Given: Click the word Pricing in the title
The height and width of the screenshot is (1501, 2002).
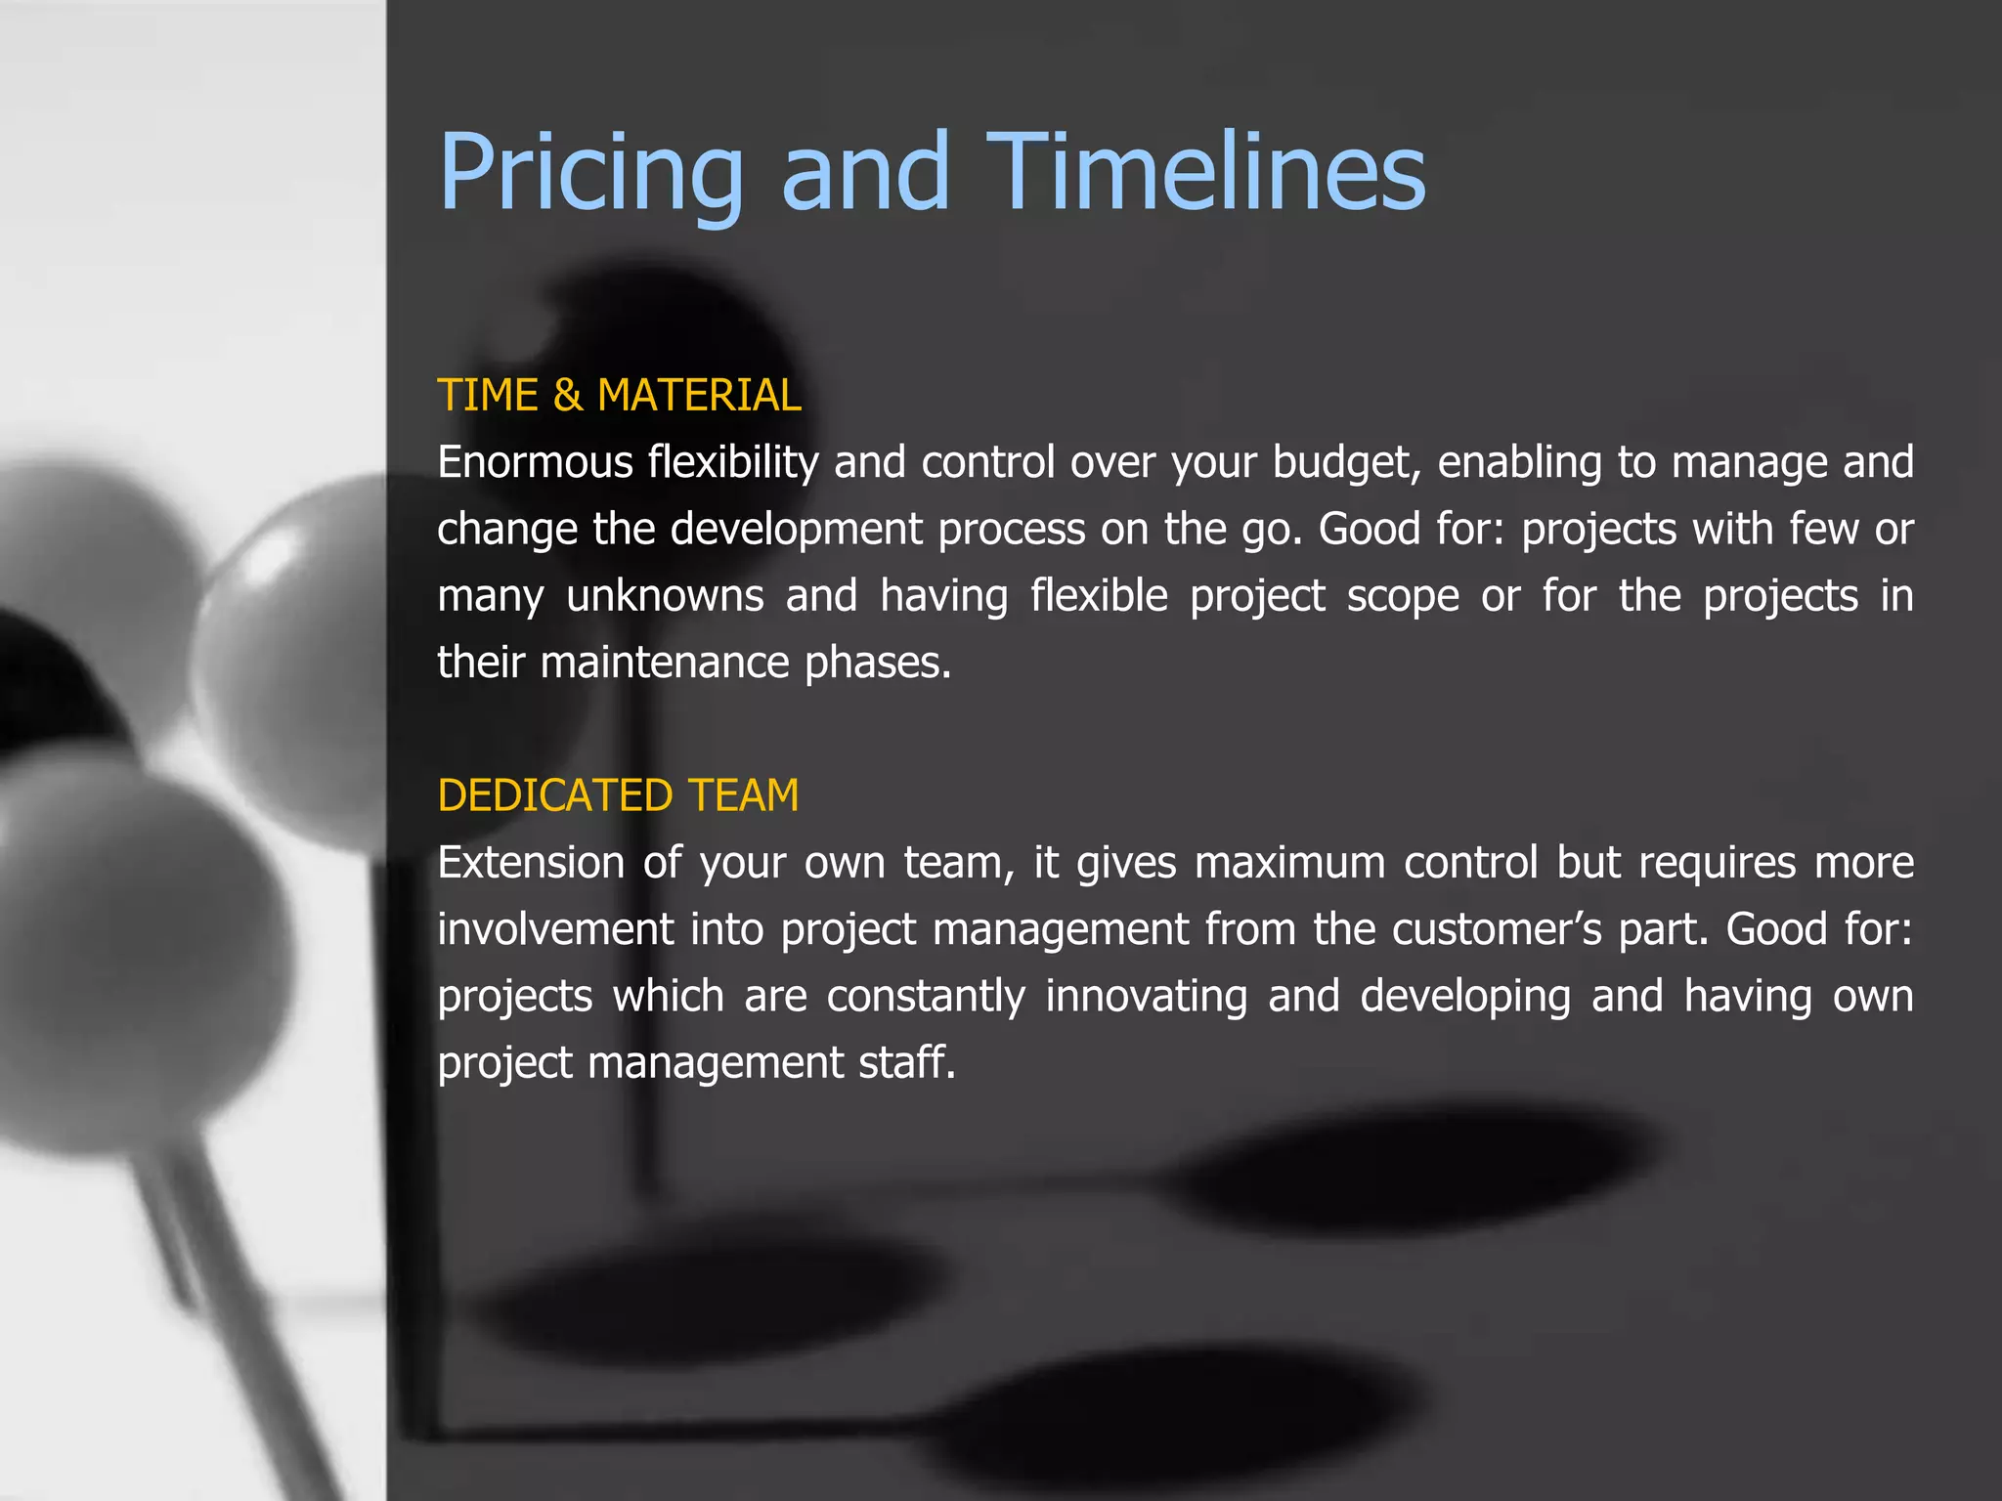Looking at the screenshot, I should tap(590, 174).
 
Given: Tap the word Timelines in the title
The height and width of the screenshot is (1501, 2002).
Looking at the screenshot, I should tap(1205, 172).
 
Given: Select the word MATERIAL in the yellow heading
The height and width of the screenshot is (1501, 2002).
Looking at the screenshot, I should tap(699, 396).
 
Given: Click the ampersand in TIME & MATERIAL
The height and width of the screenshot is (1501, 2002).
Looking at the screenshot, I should tap(567, 396).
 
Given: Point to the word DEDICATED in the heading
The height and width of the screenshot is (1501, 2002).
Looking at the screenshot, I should tap(555, 795).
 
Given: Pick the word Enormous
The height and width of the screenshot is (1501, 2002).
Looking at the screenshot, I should tap(535, 462).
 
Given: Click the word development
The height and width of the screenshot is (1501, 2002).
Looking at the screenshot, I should tap(796, 529).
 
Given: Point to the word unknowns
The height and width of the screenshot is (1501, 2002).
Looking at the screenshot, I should tap(665, 596).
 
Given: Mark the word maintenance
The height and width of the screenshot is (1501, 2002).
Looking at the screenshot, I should tap(664, 663).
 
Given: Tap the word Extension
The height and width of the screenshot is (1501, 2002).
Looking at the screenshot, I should tap(531, 863).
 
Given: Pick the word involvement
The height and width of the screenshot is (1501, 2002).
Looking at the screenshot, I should tap(555, 929).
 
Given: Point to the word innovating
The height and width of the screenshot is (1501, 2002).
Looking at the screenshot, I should tap(1146, 997).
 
